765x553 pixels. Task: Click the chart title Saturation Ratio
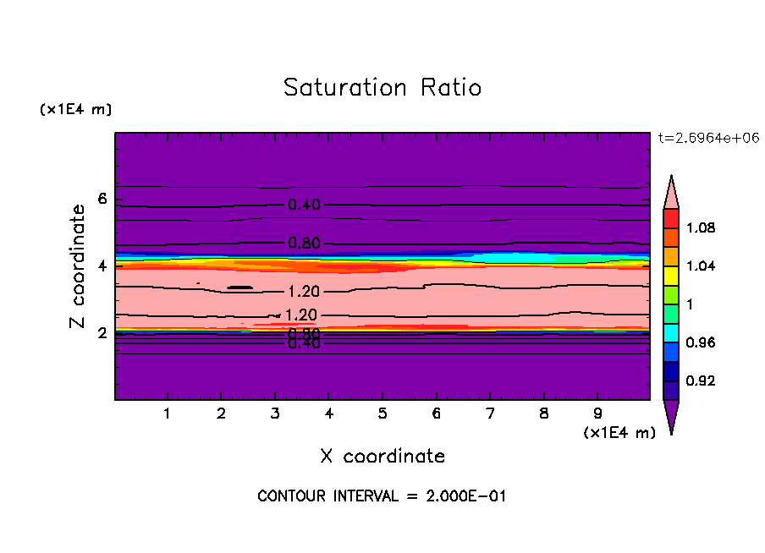point(382,88)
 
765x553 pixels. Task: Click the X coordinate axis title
point(382,457)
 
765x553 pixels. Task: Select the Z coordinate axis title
point(78,266)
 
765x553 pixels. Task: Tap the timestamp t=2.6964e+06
point(708,138)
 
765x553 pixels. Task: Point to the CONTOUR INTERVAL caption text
point(382,496)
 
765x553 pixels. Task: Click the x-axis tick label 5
point(382,414)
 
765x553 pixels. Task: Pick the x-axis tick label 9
point(597,414)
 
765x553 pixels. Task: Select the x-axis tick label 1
point(168,414)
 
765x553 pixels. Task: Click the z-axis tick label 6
point(102,200)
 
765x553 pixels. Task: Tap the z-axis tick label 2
point(102,333)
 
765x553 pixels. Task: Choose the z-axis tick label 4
point(102,266)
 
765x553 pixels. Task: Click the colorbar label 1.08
point(702,227)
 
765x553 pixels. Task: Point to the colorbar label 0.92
point(702,381)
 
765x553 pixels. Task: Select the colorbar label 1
point(691,304)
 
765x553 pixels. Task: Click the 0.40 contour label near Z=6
point(304,205)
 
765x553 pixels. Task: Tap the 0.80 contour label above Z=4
point(304,244)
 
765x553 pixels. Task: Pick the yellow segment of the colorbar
point(671,275)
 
